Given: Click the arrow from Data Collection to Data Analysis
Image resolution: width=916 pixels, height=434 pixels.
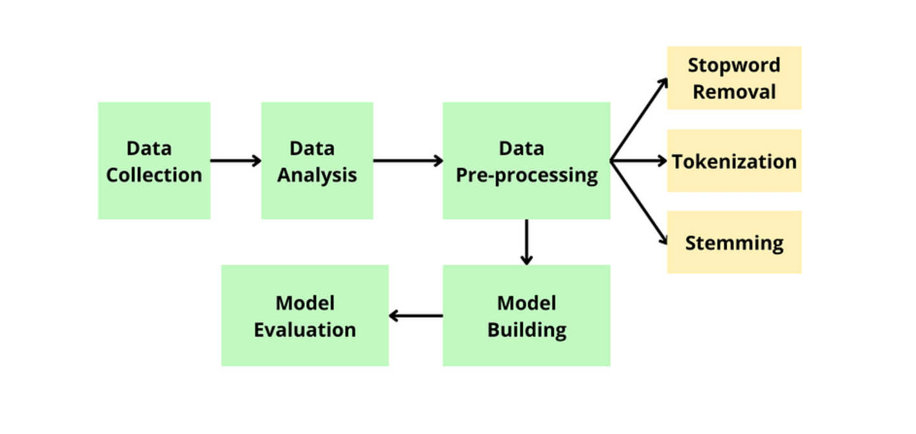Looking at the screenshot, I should [x=236, y=161].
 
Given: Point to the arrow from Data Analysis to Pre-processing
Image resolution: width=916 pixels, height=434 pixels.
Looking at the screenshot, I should [x=408, y=161].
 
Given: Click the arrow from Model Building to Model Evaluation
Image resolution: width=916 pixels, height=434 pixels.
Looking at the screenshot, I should [x=416, y=316].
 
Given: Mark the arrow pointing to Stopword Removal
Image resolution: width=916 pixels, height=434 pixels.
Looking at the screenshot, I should [x=640, y=119].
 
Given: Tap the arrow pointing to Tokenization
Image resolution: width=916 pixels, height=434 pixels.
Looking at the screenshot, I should [x=639, y=161].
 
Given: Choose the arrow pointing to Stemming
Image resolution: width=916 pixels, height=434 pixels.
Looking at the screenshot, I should [x=640, y=203].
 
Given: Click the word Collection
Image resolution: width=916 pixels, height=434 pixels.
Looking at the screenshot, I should [x=154, y=175].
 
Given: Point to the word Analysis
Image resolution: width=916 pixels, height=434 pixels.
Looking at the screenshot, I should [x=317, y=175].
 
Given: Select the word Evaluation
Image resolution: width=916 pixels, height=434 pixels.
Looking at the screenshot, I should [x=305, y=330].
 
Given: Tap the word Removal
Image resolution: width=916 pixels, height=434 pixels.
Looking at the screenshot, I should [x=734, y=91].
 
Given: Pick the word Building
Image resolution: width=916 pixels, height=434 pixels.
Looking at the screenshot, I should [x=527, y=330].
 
